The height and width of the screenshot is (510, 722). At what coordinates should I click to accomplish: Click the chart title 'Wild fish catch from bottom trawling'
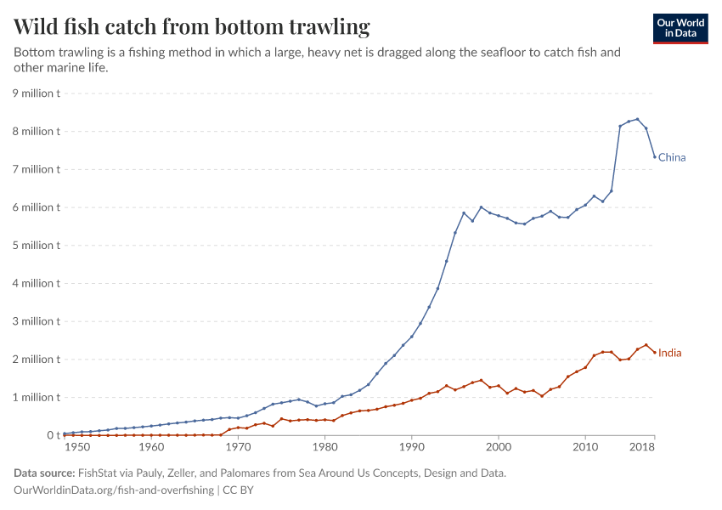coord(192,27)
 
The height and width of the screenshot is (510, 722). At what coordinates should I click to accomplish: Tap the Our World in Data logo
coord(680,28)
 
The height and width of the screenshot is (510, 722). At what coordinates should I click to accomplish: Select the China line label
coord(672,157)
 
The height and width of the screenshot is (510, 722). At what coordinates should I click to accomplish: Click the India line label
coord(670,353)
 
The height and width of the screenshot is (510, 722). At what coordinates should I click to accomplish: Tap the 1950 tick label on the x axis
coord(76,447)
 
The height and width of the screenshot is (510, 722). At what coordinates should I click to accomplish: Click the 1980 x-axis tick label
coord(324,447)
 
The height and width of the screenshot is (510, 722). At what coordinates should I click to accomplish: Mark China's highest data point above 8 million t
coord(637,119)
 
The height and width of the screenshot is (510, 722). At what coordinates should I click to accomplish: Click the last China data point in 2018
coord(655,156)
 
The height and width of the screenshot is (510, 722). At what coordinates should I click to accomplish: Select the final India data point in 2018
coord(655,351)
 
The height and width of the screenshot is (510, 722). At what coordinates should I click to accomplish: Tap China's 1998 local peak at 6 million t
coord(481,207)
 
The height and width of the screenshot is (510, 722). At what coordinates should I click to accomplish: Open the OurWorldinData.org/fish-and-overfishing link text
coord(114,490)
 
